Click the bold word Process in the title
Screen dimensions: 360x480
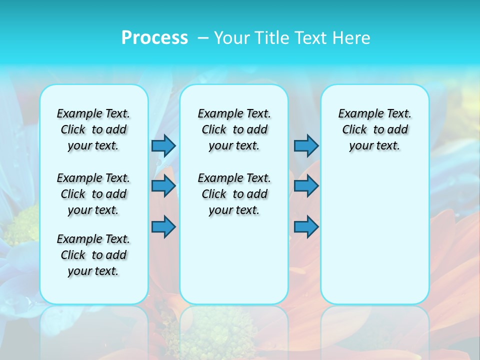154,38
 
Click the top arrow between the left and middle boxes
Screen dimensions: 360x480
163,145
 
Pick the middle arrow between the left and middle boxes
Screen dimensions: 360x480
163,186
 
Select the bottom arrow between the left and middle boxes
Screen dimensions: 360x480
163,227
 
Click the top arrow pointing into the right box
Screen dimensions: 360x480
306,145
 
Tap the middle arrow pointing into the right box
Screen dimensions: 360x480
306,186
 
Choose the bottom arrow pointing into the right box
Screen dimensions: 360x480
306,227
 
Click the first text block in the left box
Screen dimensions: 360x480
93,129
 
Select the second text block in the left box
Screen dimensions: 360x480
93,194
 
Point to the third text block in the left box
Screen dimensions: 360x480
93,255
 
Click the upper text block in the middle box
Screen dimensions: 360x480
234,129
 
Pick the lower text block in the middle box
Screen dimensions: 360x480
234,194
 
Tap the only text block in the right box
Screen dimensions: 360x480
374,129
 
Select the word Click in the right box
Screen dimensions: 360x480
354,130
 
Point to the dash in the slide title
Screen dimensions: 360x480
203,38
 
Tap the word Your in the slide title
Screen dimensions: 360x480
232,38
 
